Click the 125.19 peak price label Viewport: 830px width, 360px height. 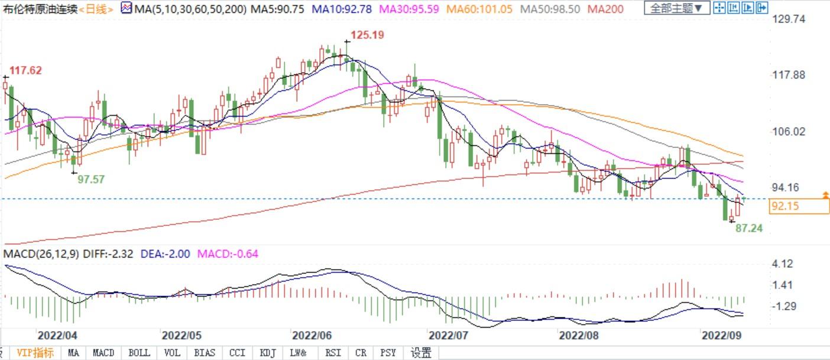[367, 35]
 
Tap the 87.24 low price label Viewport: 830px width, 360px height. [749, 228]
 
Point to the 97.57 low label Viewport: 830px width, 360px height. [91, 179]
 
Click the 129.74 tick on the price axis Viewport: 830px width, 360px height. [789, 19]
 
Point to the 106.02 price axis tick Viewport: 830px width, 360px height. [789, 131]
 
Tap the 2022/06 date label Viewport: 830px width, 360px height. [311, 335]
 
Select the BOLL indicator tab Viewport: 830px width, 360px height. [140, 353]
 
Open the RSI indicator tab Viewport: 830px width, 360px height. [333, 353]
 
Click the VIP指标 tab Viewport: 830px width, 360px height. [35, 353]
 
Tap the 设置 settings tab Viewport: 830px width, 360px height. [421, 353]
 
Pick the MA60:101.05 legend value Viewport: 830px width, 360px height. [479, 8]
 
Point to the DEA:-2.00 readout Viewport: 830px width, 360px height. [165, 254]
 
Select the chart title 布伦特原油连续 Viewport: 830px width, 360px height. [40, 8]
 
